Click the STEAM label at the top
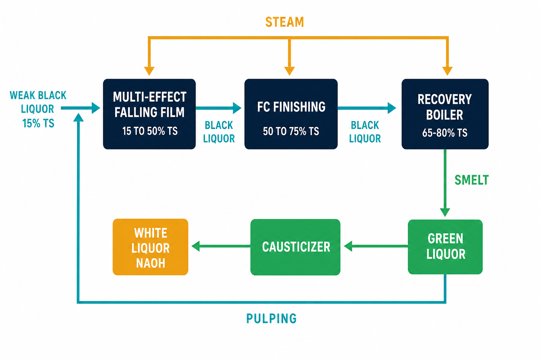coord(284,22)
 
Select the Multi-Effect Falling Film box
coord(149,114)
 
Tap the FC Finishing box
coord(291,114)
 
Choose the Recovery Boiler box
coord(445,114)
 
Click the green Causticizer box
coord(295,247)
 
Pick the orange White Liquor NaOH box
coord(150,247)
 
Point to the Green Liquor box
coord(445,247)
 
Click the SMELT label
coord(471,180)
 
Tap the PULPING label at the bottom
coord(271,319)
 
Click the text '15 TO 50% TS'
coord(150,131)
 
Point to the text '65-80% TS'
coord(445,133)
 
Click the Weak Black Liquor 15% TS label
coord(38,109)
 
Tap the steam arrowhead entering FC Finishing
coord(290,71)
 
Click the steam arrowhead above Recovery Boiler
coord(448,71)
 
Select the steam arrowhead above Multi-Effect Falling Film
coord(149,71)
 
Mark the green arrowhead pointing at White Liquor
coord(196,246)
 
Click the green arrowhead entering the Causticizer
coord(348,246)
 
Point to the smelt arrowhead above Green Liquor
coord(445,212)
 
